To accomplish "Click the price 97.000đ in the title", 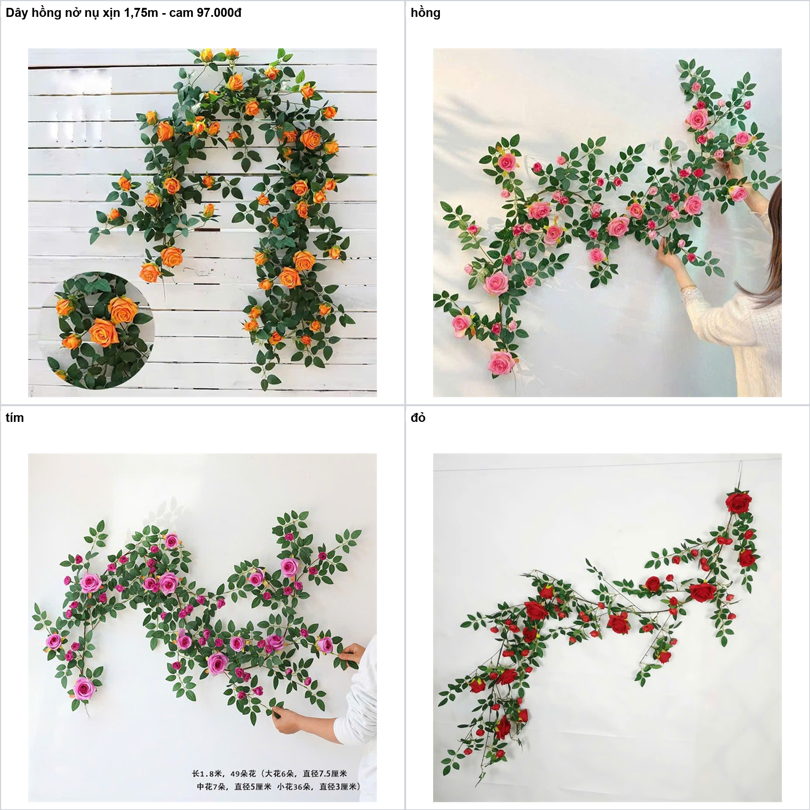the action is (x=219, y=13).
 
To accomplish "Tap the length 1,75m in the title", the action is (x=141, y=13).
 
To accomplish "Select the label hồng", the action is (x=425, y=13).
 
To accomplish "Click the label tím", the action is (x=15, y=418).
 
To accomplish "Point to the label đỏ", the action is (x=418, y=418).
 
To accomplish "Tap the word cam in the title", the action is (x=181, y=13).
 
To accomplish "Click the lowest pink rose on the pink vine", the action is (x=501, y=363).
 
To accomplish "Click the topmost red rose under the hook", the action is (x=739, y=502).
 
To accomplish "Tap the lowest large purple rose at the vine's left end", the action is (x=85, y=688).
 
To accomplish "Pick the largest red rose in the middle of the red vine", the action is (x=703, y=592).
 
